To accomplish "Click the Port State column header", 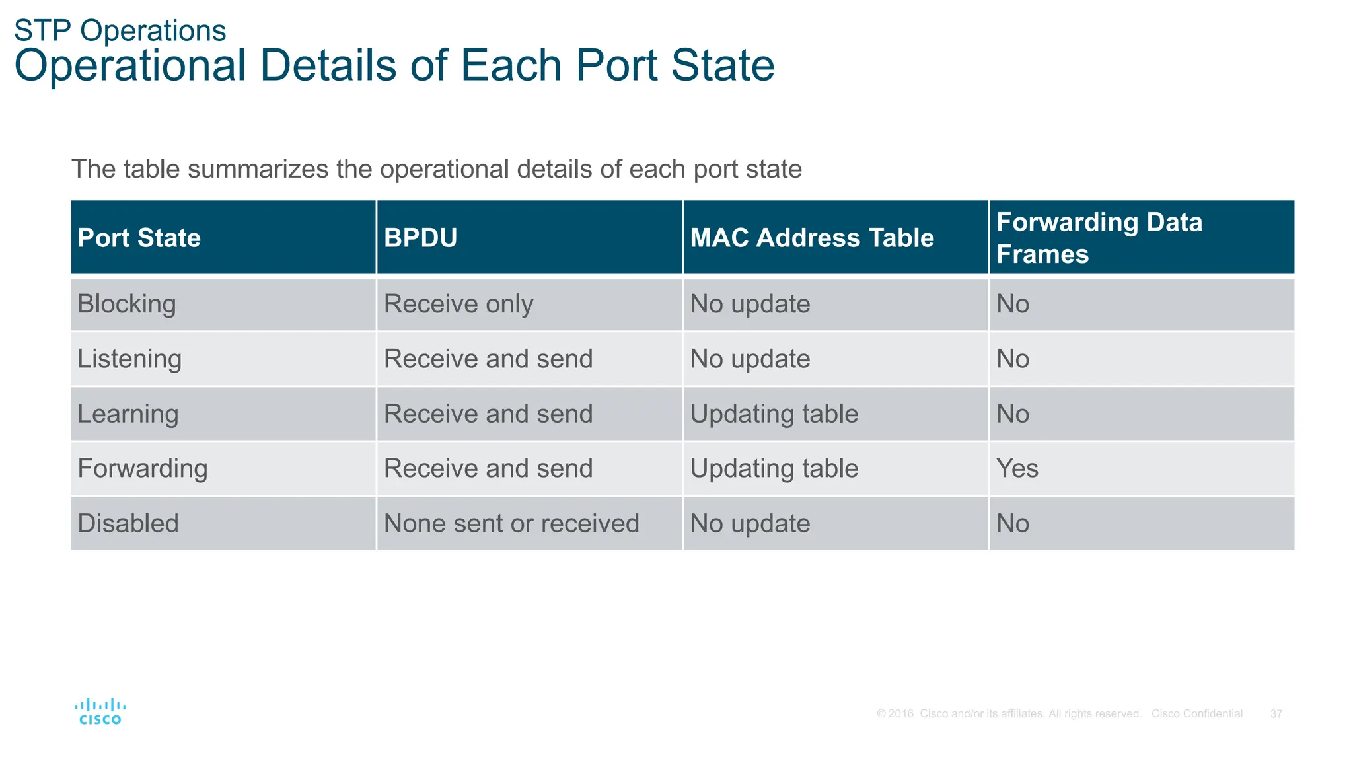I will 139,238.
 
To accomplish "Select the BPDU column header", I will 421,238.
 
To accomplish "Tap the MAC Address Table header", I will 812,238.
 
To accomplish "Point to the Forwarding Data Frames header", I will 1099,238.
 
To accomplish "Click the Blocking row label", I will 127,305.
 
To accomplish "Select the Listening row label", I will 129,359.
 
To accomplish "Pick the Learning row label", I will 128,414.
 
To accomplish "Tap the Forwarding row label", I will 143,469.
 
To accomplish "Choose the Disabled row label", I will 128,524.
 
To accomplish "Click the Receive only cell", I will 458,305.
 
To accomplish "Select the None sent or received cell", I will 511,524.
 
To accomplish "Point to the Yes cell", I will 1017,469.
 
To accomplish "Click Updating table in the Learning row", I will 774,414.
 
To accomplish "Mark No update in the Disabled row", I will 750,524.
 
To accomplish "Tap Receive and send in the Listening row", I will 488,359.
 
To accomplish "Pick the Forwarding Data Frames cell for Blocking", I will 1013,305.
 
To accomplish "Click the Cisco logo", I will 100,711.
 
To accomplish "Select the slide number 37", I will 1276,714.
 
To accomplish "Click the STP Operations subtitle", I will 120,31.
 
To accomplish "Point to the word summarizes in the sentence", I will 258,170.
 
